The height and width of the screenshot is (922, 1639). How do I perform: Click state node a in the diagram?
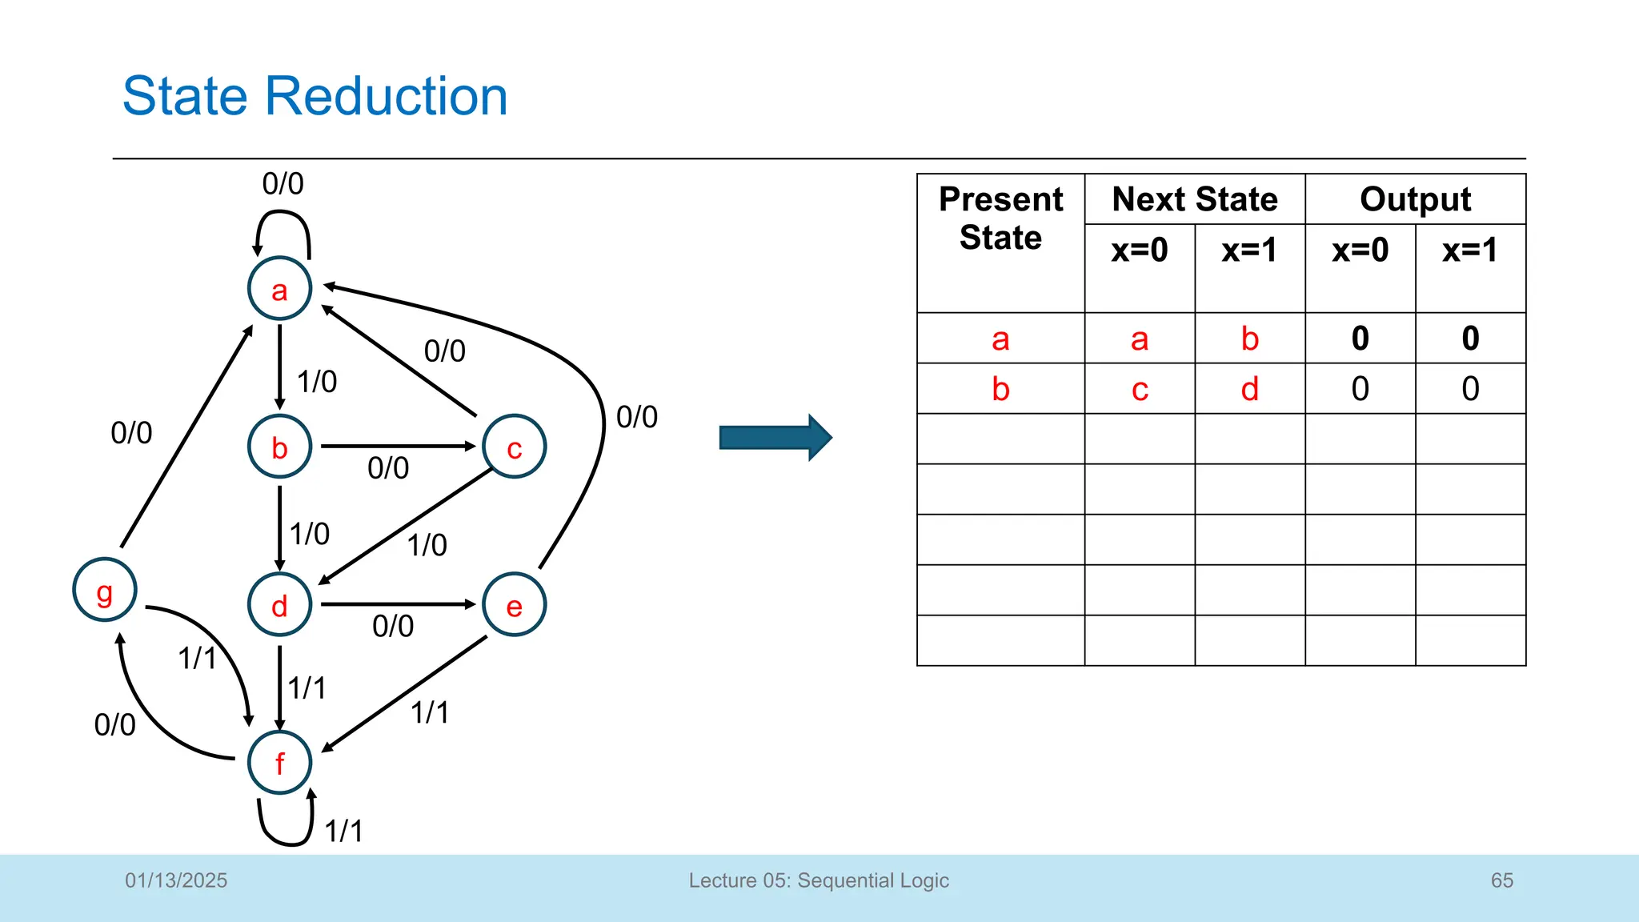[279, 289]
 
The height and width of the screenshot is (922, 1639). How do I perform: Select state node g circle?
[105, 591]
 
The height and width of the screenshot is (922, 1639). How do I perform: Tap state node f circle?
[279, 763]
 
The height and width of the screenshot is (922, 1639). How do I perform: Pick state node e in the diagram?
[515, 605]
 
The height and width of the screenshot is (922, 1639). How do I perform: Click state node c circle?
[515, 447]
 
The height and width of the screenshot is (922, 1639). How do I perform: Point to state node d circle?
[279, 605]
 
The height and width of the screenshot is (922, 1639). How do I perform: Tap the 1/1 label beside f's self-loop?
[344, 831]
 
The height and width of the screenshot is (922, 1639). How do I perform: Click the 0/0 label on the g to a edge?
[131, 433]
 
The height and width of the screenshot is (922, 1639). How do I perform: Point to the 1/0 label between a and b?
[317, 382]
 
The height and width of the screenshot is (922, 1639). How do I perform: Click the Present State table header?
[1000, 218]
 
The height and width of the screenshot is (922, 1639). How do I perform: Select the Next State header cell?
[1194, 199]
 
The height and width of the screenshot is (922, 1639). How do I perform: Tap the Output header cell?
[1415, 199]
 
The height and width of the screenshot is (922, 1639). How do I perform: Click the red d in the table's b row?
[1249, 389]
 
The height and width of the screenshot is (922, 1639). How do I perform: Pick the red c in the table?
[1140, 389]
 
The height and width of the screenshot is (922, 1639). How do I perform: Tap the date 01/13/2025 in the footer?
[176, 880]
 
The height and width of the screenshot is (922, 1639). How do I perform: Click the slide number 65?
[1501, 880]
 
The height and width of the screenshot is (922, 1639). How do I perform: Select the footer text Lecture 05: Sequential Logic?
[819, 880]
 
